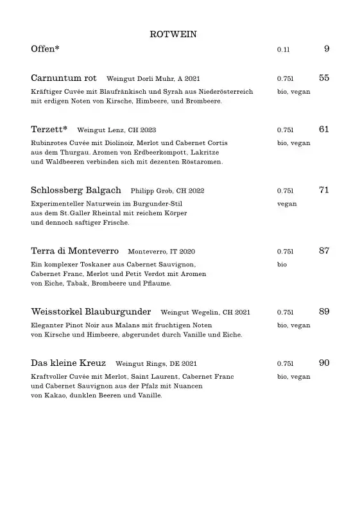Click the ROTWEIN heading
click(173, 34)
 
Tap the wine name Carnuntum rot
click(64, 78)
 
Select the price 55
click(323, 78)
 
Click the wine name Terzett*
click(49, 130)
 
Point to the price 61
click(323, 130)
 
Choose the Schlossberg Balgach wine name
click(76, 190)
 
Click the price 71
click(323, 190)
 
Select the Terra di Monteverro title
click(74, 251)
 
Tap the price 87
click(323, 251)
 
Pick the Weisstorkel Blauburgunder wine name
click(90, 312)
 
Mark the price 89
click(323, 312)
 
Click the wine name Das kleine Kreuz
click(68, 363)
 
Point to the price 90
click(323, 363)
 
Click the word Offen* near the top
click(45, 49)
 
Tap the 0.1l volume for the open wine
click(283, 50)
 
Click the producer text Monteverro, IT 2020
click(161, 252)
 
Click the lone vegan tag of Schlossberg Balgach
click(286, 204)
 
